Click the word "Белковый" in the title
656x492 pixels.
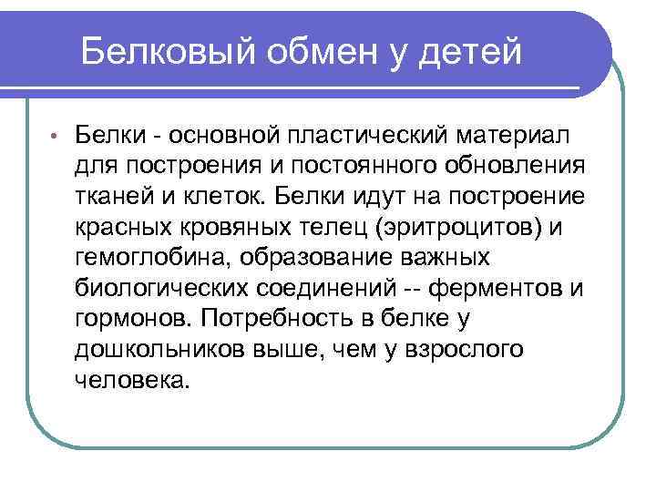[172, 51]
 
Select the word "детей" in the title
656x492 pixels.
[474, 51]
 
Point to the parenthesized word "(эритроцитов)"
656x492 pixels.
[468, 228]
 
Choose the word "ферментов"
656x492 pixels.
[497, 289]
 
